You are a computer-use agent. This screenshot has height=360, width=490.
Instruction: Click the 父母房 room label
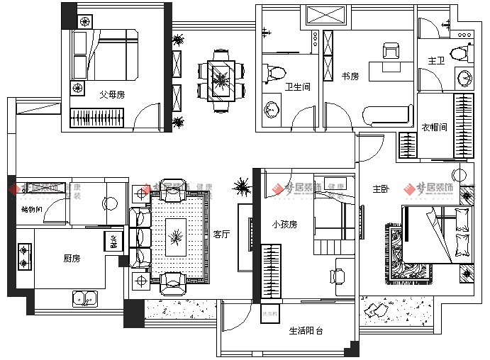tap(112, 93)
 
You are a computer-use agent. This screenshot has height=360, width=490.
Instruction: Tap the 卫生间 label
tap(298, 87)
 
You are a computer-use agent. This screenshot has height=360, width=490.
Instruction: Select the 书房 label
tap(350, 76)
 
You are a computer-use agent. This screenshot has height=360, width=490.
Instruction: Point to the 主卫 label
tap(436, 62)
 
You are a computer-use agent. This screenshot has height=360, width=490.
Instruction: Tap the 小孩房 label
tap(284, 224)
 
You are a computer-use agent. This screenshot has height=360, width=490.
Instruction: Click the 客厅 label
tap(221, 235)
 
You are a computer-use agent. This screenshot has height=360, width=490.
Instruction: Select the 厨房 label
tap(72, 259)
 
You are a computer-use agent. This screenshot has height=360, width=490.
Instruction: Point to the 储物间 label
tap(32, 210)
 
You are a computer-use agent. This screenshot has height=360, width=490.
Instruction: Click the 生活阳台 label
tap(306, 331)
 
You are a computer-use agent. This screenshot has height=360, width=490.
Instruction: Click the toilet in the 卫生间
tap(277, 72)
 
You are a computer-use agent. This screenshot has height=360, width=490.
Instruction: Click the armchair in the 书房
tap(391, 51)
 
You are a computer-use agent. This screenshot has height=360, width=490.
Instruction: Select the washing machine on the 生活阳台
tap(270, 314)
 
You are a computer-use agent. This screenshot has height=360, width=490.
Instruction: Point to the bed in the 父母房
tap(106, 55)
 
